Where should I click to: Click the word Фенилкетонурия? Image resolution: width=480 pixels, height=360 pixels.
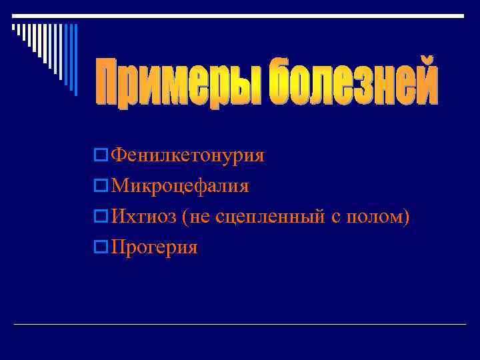pos(188,156)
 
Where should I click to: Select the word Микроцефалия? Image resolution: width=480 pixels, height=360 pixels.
pos(181,187)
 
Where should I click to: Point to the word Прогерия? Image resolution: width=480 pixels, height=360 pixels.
pos(155,248)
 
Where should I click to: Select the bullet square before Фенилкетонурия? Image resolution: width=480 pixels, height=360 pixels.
pos(101,156)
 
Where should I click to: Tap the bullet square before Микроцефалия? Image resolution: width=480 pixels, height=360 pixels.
pos(101,187)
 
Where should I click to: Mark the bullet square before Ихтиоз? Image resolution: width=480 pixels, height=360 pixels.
pos(101,217)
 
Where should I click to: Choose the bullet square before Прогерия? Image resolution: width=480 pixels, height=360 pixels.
pos(101,248)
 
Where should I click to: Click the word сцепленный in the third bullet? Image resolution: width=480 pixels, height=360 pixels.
pos(271,217)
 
